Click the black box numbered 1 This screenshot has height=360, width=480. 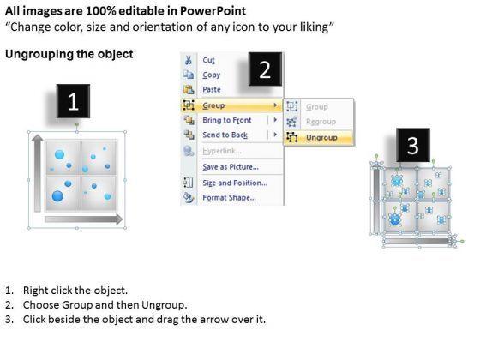click(x=73, y=101)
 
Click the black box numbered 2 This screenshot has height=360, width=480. click(x=265, y=69)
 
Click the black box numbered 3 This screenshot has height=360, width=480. click(x=413, y=145)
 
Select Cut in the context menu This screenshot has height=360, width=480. click(x=208, y=60)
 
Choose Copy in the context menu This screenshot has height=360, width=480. click(x=211, y=75)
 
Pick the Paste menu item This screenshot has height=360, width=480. click(x=212, y=90)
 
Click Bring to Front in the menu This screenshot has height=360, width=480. click(x=227, y=120)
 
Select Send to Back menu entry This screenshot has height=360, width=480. click(x=225, y=135)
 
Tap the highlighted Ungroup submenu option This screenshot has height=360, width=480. click(x=321, y=138)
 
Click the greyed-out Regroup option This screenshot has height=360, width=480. click(x=321, y=122)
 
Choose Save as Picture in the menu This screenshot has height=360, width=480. click(x=231, y=167)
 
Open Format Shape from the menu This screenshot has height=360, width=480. click(x=230, y=198)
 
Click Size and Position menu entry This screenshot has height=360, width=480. click(x=235, y=183)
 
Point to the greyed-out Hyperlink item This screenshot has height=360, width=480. click(x=222, y=151)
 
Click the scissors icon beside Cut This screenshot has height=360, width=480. click(x=189, y=60)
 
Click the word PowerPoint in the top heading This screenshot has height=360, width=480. click(x=213, y=11)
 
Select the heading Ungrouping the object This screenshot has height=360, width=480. click(x=69, y=54)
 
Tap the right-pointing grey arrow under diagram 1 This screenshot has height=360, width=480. click(x=84, y=219)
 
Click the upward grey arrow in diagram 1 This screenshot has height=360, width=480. click(x=38, y=173)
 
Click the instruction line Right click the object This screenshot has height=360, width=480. click(x=75, y=291)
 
